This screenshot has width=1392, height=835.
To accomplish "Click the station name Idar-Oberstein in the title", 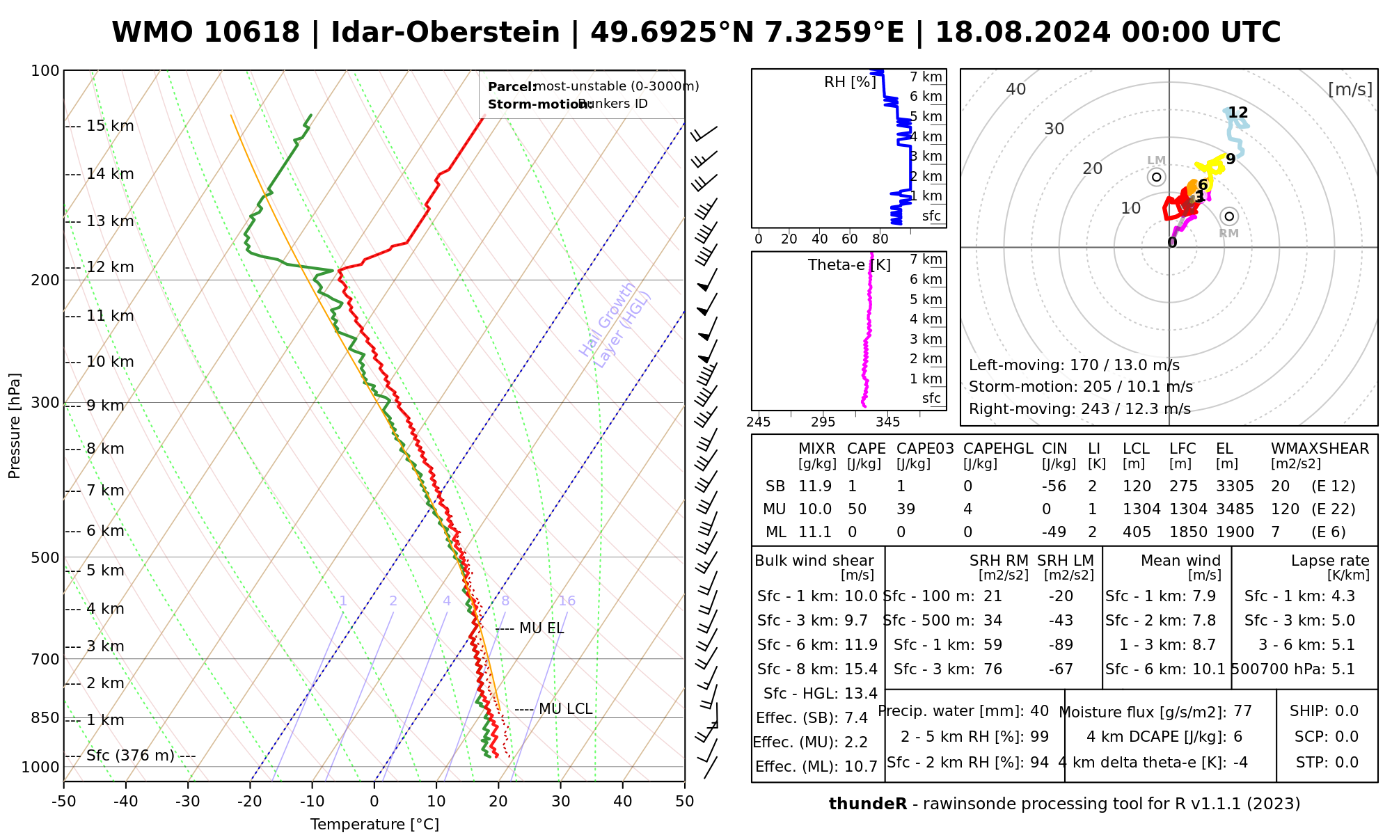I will pyautogui.click(x=445, y=33).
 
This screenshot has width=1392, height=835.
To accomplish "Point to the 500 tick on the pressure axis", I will pyautogui.click(x=46, y=557).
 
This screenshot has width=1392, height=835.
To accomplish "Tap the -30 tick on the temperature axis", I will pyautogui.click(x=188, y=802).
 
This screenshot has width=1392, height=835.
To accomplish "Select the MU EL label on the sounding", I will pyautogui.click(x=541, y=628).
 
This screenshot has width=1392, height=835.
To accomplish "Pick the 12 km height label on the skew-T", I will pyautogui.click(x=110, y=267).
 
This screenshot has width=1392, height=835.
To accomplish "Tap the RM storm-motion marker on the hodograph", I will pyautogui.click(x=1230, y=216).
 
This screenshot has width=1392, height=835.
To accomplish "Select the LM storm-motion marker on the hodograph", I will pyautogui.click(x=1157, y=177).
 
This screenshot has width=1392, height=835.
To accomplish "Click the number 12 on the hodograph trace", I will pyautogui.click(x=1238, y=113).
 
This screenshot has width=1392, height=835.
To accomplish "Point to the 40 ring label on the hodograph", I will pyautogui.click(x=1016, y=89).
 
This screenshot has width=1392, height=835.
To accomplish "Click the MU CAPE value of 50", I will pyautogui.click(x=857, y=509).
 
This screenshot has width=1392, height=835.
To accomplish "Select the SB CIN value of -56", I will pyautogui.click(x=1054, y=486).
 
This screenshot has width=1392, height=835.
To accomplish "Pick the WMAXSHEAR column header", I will pyautogui.click(x=1320, y=449).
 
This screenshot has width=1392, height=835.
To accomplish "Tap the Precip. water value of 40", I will pyautogui.click(x=1039, y=711).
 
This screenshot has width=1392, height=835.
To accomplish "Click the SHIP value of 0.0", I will pyautogui.click(x=1347, y=711).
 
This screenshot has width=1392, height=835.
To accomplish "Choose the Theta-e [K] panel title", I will pyautogui.click(x=849, y=265).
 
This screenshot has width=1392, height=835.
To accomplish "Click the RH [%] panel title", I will pyautogui.click(x=850, y=82).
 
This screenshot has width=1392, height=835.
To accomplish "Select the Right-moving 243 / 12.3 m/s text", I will pyautogui.click(x=1079, y=409).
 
